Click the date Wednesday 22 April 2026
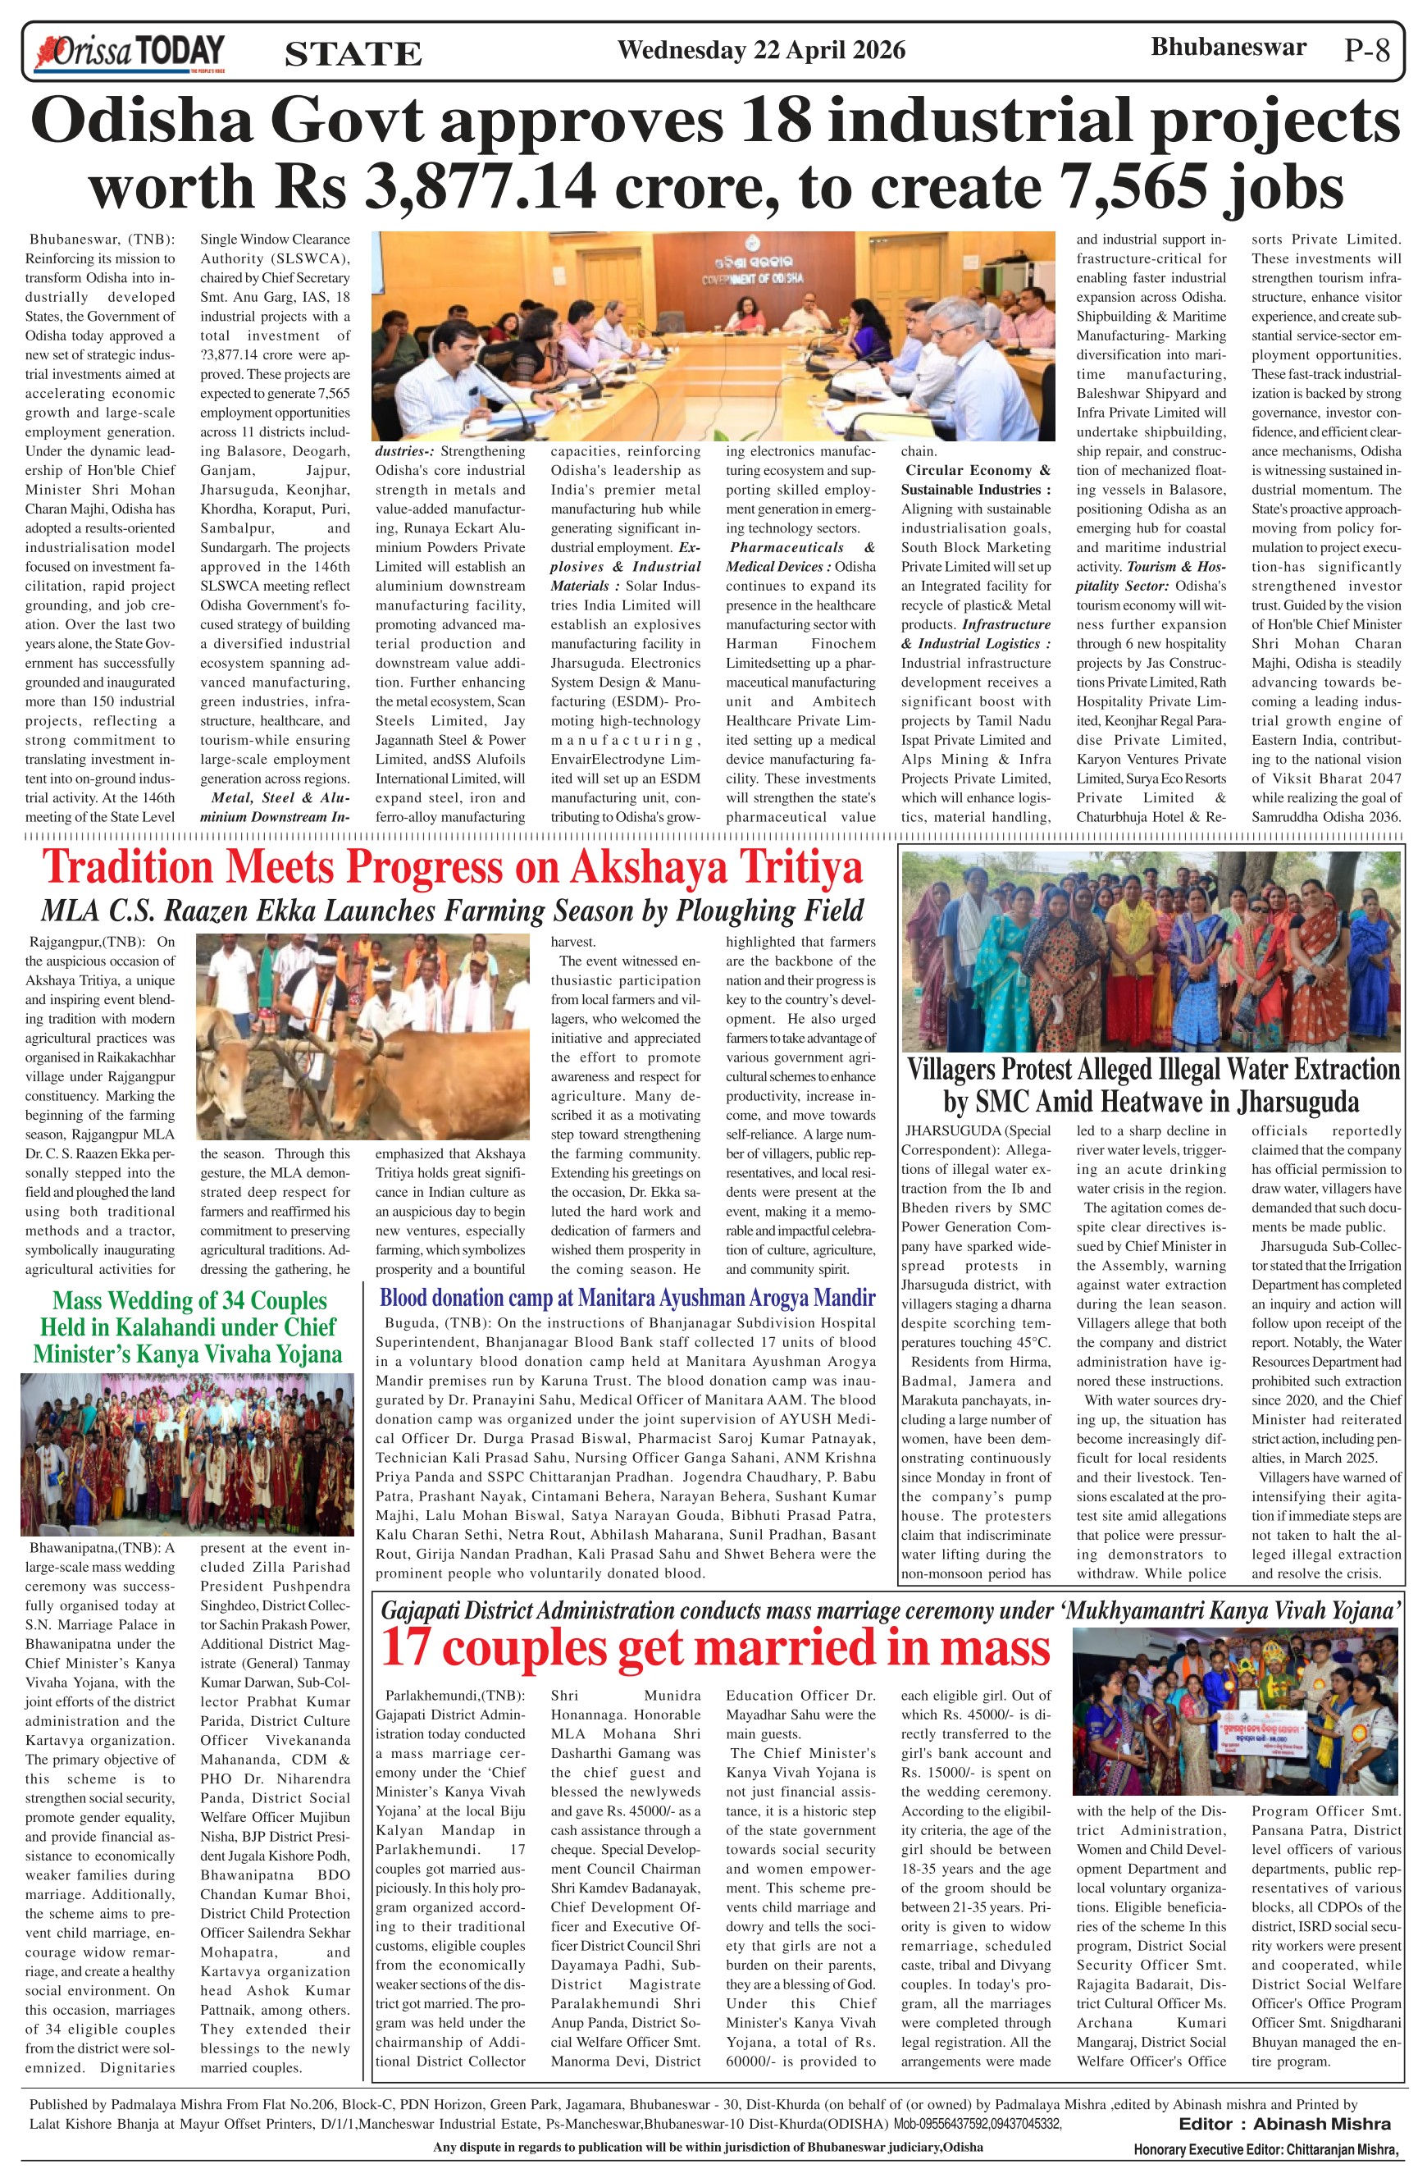pos(761,50)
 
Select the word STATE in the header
pos(353,54)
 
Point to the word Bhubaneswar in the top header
pos(1228,47)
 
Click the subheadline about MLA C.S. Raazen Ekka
pos(452,911)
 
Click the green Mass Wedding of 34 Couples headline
pos(188,1327)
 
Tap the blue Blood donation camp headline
pos(627,1298)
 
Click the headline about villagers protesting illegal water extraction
pos(1152,1085)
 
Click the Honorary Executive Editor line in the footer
pos(1267,2148)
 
